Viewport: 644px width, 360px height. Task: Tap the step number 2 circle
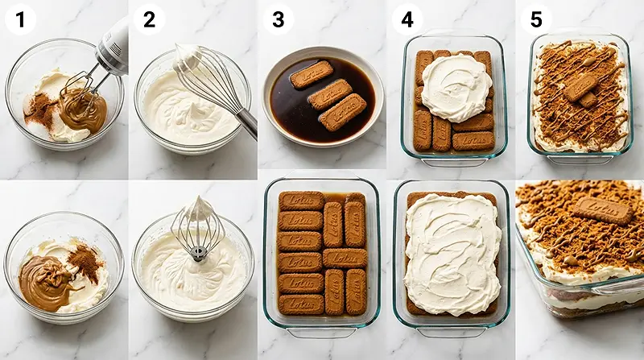pos(149,19)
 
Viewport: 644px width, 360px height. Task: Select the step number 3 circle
pos(278,19)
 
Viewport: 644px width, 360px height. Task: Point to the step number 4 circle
pos(407,19)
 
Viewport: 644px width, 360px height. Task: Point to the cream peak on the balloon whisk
pos(187,56)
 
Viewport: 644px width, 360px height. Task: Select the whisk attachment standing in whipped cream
pos(197,230)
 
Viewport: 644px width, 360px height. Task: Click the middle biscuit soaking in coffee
pos(330,94)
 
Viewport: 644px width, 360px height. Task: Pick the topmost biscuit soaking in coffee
pos(312,74)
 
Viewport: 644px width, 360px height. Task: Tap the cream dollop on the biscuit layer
pos(456,86)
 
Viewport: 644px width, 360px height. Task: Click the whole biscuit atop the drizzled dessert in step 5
pos(580,86)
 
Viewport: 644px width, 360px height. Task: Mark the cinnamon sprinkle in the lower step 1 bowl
pos(84,259)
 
